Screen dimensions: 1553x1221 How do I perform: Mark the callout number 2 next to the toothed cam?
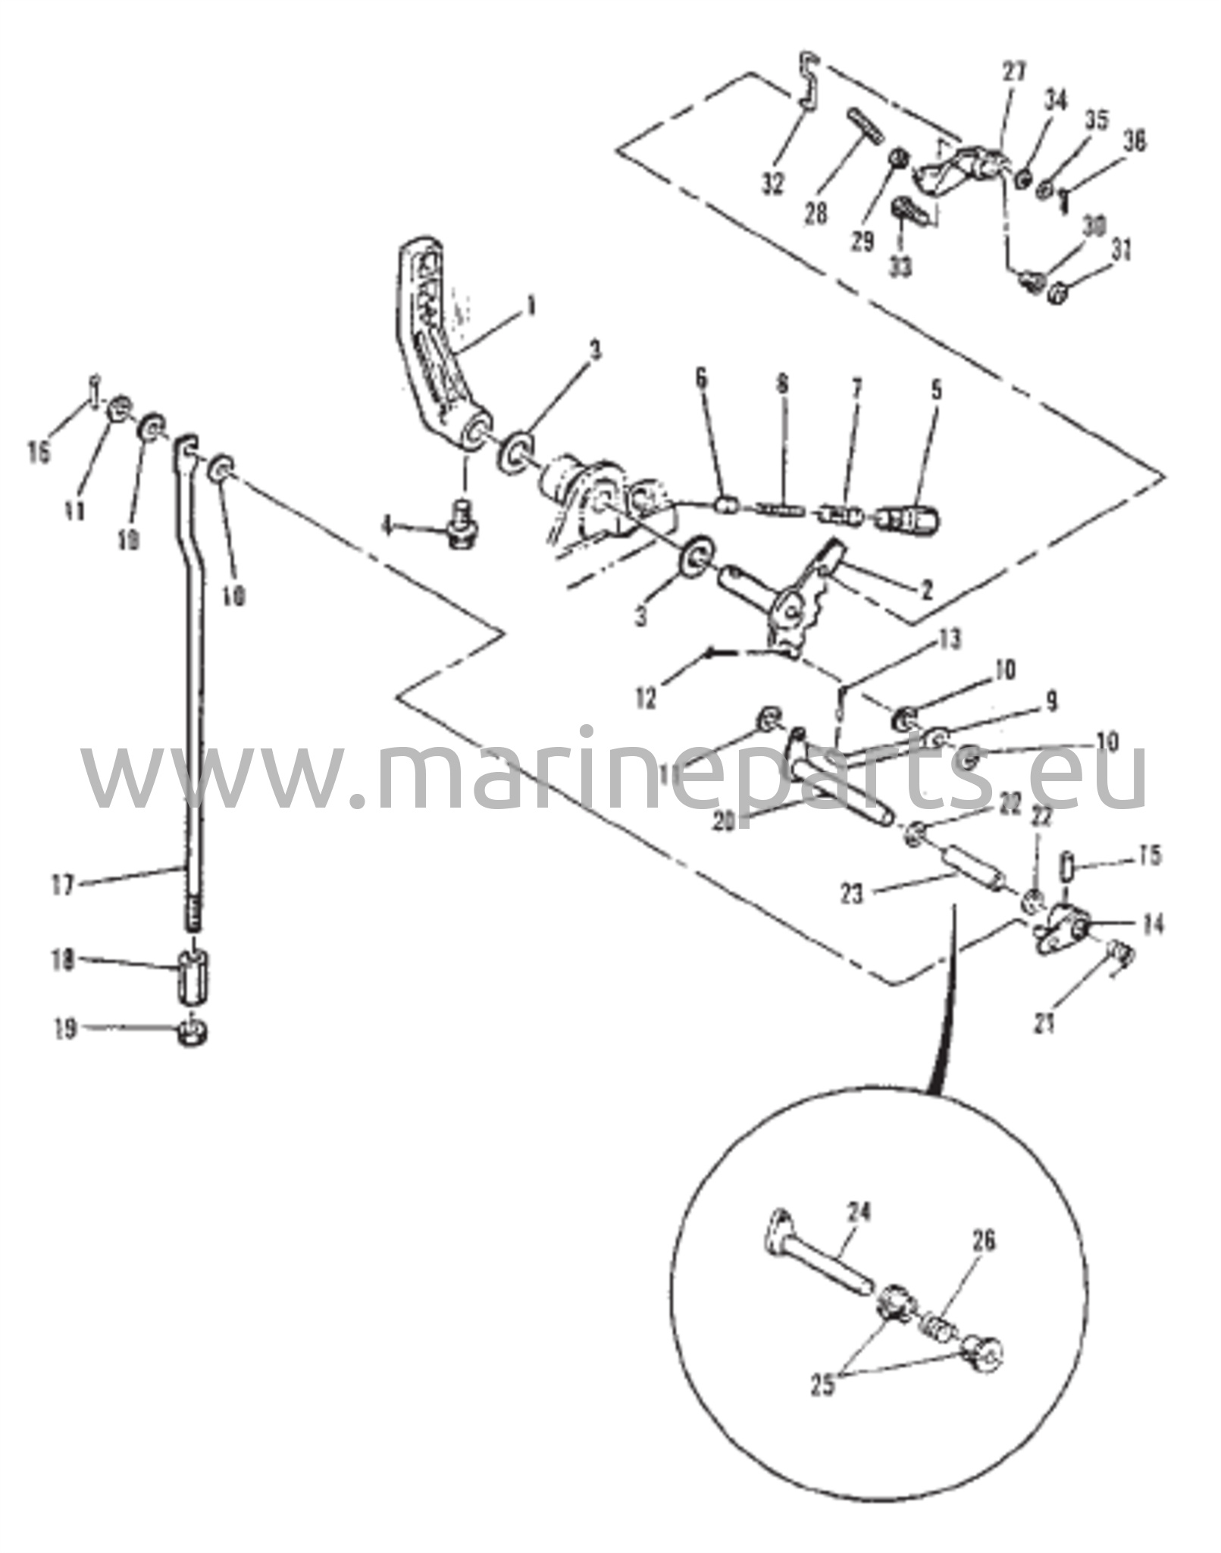click(925, 588)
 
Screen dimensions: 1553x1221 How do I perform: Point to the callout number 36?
click(1134, 141)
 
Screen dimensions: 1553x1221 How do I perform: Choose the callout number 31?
click(1121, 251)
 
